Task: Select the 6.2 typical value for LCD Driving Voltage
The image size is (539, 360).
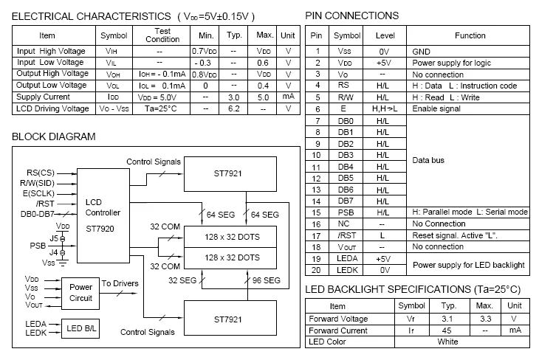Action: pos(234,108)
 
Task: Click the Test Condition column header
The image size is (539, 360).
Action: pos(163,35)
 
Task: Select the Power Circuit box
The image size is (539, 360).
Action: pos(81,292)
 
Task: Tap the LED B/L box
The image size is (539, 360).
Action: pos(81,328)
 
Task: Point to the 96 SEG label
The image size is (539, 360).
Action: pos(265,280)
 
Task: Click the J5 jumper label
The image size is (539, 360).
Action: pos(53,238)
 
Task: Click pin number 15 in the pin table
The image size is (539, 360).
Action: pos(317,212)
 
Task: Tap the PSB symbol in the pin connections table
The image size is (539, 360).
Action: pos(346,212)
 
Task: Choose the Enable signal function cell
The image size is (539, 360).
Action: pos(436,108)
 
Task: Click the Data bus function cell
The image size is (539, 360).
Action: pos(429,160)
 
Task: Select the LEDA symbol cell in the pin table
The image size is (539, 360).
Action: pos(346,258)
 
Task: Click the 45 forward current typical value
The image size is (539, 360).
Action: pos(447,330)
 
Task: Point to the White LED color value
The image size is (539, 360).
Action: pos(447,342)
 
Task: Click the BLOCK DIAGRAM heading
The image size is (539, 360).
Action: pos(54,137)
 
